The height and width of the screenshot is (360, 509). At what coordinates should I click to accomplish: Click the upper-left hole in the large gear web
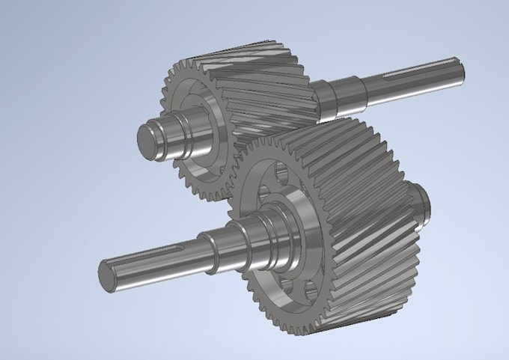(x=262, y=196)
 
